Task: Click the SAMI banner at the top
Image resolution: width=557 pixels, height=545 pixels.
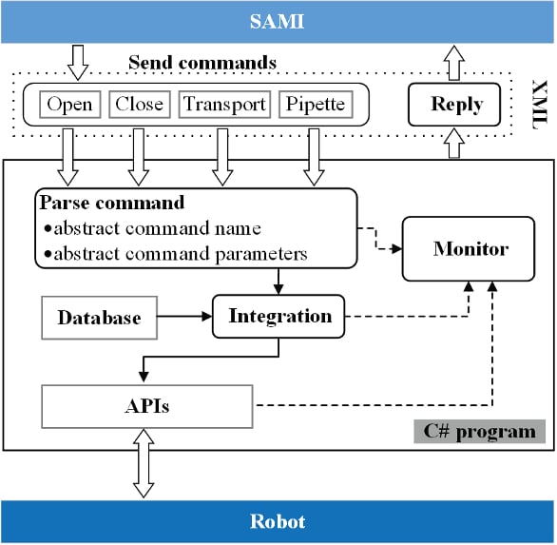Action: [278, 21]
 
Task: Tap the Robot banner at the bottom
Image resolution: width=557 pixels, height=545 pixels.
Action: [278, 521]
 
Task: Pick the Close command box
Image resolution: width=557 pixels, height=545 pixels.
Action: [139, 105]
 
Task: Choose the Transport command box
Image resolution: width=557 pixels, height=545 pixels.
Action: [224, 105]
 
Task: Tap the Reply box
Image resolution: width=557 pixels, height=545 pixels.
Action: [456, 105]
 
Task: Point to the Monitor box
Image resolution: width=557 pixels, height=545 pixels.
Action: [471, 249]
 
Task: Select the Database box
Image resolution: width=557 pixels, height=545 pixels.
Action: [99, 318]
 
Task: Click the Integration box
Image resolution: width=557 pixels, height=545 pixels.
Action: [278, 317]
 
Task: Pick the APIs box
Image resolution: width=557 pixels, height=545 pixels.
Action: [147, 406]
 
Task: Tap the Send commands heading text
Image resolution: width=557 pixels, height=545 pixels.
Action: [202, 64]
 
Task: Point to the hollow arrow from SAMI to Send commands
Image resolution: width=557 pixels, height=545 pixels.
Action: [79, 61]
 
